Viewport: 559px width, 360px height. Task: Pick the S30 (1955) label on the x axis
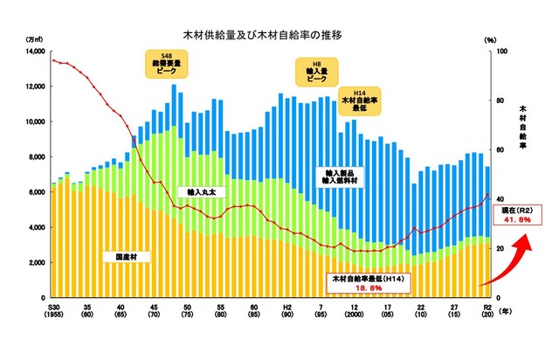54,311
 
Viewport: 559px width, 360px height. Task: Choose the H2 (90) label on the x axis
286,311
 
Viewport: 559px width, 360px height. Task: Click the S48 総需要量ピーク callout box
166,64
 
